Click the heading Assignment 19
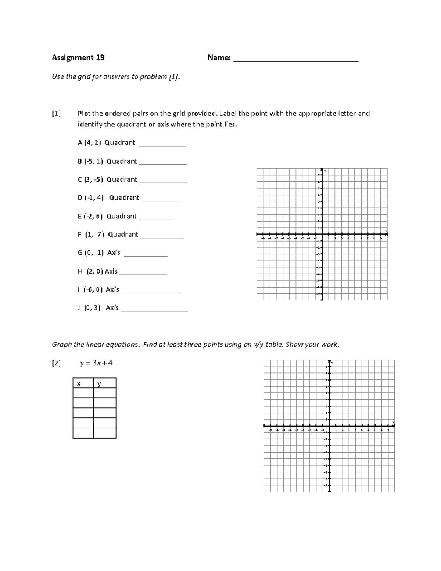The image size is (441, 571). (x=78, y=57)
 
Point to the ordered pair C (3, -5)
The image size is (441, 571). (x=90, y=179)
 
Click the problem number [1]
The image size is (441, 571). (x=56, y=113)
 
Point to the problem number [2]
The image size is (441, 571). (x=56, y=363)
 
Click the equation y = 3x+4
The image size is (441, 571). (x=96, y=363)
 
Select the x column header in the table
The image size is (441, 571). (x=78, y=383)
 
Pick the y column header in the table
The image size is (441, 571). (x=99, y=383)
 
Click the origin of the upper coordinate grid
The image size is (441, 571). (x=322, y=234)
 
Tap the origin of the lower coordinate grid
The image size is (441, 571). (x=329, y=425)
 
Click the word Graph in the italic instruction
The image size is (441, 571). (x=62, y=345)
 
